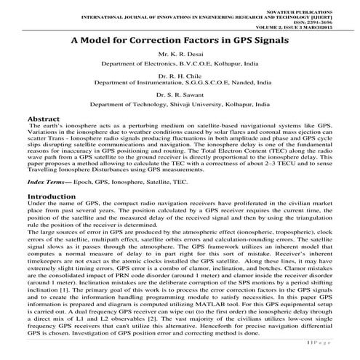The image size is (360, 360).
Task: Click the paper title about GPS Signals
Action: [180, 41]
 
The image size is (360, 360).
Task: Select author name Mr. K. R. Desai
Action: [180, 55]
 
